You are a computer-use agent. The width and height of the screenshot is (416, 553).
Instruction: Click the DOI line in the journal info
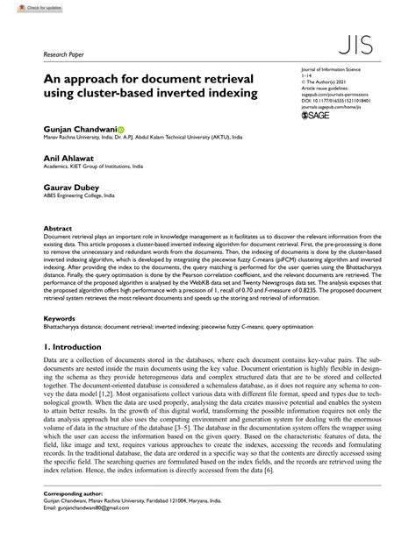pos(336,101)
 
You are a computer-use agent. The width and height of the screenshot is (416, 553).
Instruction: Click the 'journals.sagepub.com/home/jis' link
pos(337,107)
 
